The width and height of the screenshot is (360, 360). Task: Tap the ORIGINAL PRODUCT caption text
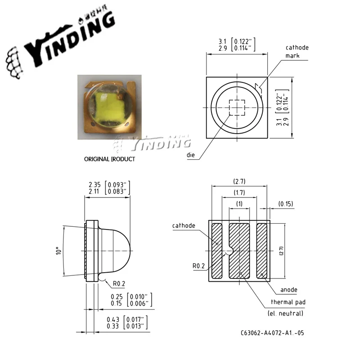click(x=109, y=159)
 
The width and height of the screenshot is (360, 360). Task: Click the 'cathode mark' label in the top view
click(x=297, y=52)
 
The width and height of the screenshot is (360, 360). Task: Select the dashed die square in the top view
click(x=236, y=108)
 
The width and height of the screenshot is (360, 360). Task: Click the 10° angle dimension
click(x=57, y=250)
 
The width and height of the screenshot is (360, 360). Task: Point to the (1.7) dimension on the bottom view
click(x=239, y=193)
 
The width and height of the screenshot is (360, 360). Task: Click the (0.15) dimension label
click(x=285, y=204)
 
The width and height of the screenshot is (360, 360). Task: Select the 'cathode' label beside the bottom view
click(x=184, y=225)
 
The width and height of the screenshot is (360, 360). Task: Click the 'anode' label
click(x=288, y=290)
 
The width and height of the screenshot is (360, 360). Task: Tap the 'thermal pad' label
click(x=287, y=302)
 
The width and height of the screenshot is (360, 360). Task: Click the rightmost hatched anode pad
click(x=261, y=250)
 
